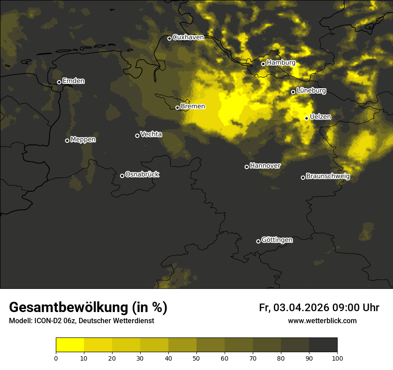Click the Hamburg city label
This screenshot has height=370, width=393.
[281, 63]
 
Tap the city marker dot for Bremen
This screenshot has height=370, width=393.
[177, 107]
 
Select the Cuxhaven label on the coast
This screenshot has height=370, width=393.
[188, 37]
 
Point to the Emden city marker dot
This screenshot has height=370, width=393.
[59, 82]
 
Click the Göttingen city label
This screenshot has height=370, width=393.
[277, 240]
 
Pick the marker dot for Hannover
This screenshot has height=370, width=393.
[247, 167]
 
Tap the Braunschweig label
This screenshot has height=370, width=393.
[328, 177]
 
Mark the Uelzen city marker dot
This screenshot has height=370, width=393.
[306, 118]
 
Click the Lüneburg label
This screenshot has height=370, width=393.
[311, 91]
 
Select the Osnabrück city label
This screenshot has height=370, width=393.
[142, 175]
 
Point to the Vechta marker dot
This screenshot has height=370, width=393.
[137, 136]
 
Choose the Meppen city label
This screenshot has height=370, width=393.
[83, 140]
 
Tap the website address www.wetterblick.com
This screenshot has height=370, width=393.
[322, 321]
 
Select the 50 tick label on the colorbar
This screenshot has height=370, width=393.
[196, 358]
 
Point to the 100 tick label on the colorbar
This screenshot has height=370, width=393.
[337, 358]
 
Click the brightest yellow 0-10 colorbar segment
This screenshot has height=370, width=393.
[70, 345]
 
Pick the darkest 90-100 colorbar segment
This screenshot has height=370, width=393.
[323, 345]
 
